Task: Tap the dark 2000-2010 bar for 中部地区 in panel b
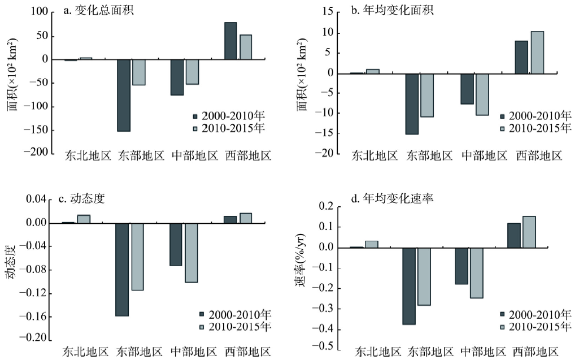(467, 89)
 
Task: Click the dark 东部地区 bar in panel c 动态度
(122, 270)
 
